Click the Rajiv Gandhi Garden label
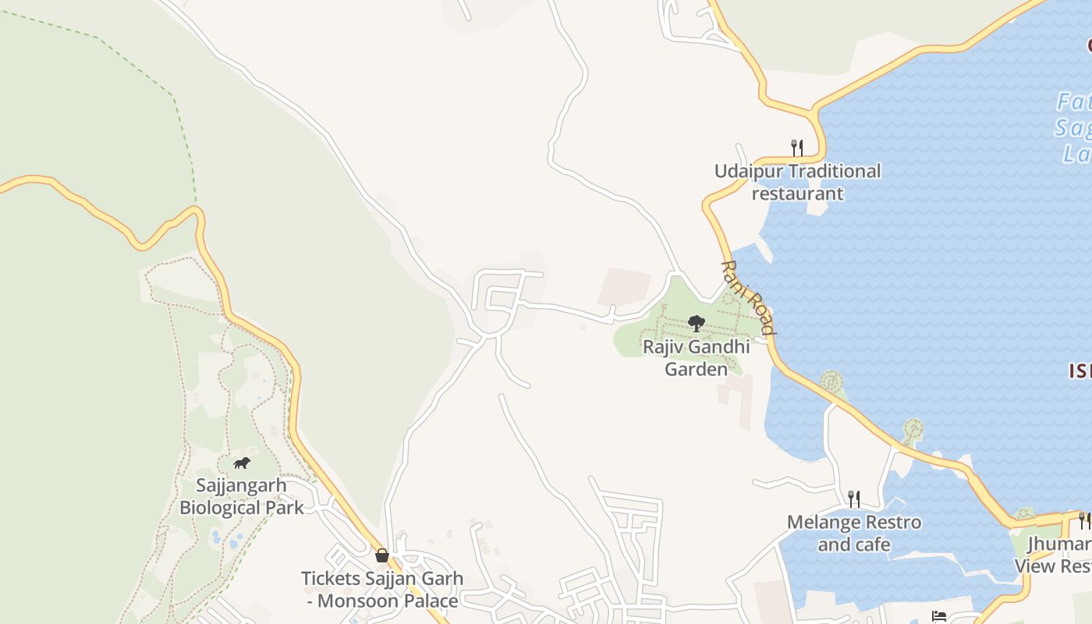click(x=696, y=357)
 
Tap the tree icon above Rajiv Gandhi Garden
click(x=696, y=323)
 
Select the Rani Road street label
click(x=747, y=298)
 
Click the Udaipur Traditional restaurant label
click(x=797, y=182)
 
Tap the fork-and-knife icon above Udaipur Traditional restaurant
click(x=796, y=147)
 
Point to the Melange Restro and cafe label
click(x=853, y=533)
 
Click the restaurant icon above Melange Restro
click(x=854, y=498)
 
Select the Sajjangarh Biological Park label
click(x=241, y=496)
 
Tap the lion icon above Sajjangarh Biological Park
click(x=242, y=463)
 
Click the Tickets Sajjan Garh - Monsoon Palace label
click(x=382, y=590)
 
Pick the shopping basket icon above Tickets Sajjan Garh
click(x=382, y=555)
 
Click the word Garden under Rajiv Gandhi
click(x=696, y=369)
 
